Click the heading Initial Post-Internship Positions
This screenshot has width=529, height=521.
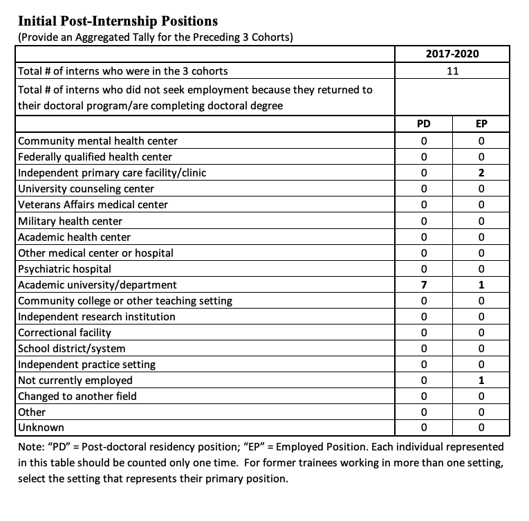coord(117,21)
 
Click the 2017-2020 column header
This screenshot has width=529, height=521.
coord(452,54)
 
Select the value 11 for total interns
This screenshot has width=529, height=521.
coord(452,71)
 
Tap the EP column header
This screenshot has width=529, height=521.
coord(481,125)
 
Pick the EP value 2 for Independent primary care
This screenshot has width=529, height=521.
coord(481,173)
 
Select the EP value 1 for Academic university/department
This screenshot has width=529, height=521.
coord(481,285)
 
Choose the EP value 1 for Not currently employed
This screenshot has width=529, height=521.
coord(481,381)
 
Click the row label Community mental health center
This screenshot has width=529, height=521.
coord(98,141)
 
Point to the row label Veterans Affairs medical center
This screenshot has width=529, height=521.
coord(93,205)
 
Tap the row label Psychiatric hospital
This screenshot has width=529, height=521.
coord(64,268)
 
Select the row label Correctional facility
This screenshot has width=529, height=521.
coord(64,333)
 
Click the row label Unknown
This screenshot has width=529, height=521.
coord(41,428)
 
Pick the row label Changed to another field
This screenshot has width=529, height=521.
coord(77,396)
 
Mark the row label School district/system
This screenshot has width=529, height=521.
coord(71,349)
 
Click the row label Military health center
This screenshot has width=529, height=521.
coord(70,221)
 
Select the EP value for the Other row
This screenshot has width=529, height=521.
coord(481,412)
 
